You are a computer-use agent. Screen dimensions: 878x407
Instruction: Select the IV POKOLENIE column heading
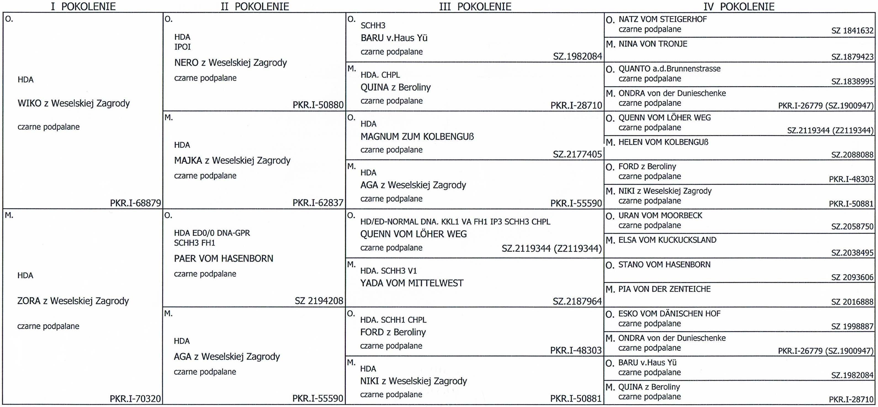pyautogui.click(x=739, y=6)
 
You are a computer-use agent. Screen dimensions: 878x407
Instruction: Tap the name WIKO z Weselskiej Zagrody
pyautogui.click(x=74, y=103)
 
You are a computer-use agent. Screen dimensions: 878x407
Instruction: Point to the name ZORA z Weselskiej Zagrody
pyautogui.click(x=73, y=301)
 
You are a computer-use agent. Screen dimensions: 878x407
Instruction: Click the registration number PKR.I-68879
pyautogui.click(x=135, y=203)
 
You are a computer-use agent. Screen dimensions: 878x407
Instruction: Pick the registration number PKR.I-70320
pyautogui.click(x=135, y=398)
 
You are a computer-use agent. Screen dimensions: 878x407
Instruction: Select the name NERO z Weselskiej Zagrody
pyautogui.click(x=230, y=63)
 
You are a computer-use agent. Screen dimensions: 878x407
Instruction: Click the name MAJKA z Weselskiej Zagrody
pyautogui.click(x=232, y=161)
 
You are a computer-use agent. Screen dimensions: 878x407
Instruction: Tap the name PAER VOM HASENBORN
pyautogui.click(x=224, y=258)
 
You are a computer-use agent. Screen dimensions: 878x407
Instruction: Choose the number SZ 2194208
pyautogui.click(x=319, y=301)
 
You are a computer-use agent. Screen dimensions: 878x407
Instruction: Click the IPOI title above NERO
pyautogui.click(x=182, y=47)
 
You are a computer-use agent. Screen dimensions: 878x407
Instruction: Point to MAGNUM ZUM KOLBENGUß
pyautogui.click(x=417, y=137)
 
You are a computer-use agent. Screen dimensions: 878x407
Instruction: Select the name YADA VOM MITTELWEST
pyautogui.click(x=412, y=283)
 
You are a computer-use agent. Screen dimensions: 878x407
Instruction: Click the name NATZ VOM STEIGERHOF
pyautogui.click(x=663, y=19)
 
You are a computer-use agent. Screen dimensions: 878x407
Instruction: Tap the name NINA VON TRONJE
pyautogui.click(x=653, y=44)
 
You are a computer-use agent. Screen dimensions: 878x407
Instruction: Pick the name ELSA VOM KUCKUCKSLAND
pyautogui.click(x=667, y=240)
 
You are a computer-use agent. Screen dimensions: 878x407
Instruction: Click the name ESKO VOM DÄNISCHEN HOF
pyautogui.click(x=669, y=314)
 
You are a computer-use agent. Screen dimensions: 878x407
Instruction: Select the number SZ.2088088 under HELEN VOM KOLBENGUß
pyautogui.click(x=852, y=155)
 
